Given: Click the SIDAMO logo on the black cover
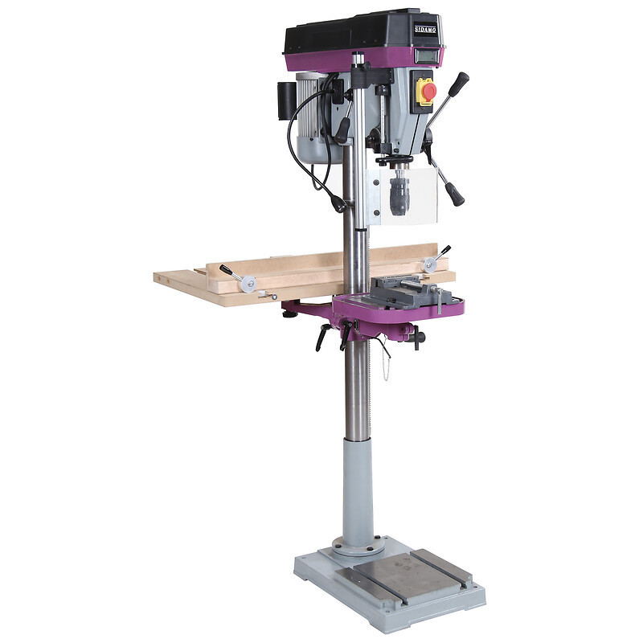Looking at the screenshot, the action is coord(425,30).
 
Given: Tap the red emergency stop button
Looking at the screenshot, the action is coord(429,90).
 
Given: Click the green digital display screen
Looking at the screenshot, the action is coord(426,55).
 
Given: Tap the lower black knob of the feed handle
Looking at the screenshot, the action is coord(455,194).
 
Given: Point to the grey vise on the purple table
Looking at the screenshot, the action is coord(410,293).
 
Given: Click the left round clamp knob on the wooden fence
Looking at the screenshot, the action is coord(248,284).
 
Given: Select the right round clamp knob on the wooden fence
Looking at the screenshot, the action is coord(430,264).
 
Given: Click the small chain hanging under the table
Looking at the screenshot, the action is coord(385,363).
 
